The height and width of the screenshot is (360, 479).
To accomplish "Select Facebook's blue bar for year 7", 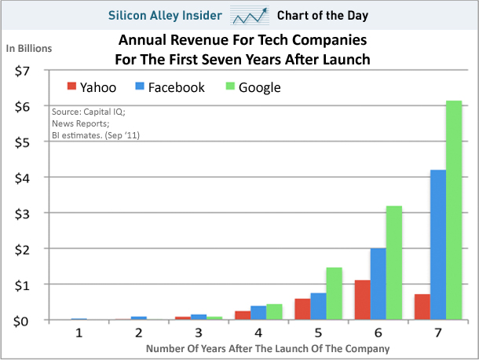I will pyautogui.click(x=438, y=244).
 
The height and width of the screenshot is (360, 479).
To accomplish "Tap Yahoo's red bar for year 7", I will pyautogui.click(x=422, y=307).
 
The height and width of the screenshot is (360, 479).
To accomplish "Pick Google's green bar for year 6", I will pyautogui.click(x=393, y=263).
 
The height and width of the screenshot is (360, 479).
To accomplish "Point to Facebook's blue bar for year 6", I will pyautogui.click(x=378, y=284).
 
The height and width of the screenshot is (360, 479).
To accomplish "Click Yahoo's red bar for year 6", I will pyautogui.click(x=362, y=299).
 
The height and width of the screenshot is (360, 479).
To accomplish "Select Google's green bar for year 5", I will pyautogui.click(x=334, y=293).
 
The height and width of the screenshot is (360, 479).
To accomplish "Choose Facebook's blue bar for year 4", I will pyautogui.click(x=258, y=313).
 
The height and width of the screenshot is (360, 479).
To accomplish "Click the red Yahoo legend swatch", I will pyautogui.click(x=73, y=87).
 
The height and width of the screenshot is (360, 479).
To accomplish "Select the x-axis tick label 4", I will pyautogui.click(x=258, y=332).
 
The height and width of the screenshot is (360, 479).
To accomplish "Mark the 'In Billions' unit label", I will pyautogui.click(x=29, y=49).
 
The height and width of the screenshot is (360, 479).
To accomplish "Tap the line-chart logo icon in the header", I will pyautogui.click(x=250, y=15).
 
